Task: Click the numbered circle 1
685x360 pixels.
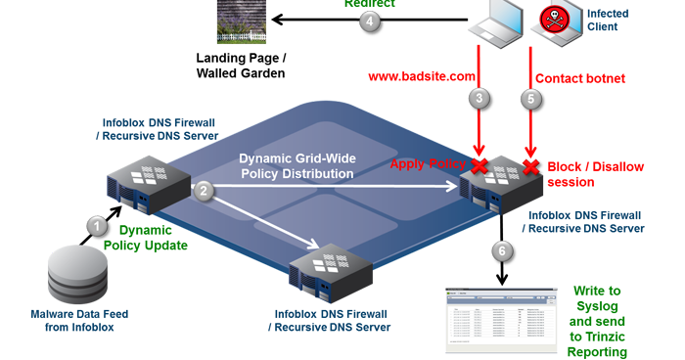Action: tap(97, 225)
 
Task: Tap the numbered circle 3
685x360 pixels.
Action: tap(479, 98)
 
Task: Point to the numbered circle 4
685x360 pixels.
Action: tap(368, 22)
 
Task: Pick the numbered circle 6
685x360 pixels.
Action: tap(502, 250)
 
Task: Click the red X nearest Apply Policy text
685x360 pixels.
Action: tap(479, 165)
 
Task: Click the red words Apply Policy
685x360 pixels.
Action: tap(428, 164)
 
